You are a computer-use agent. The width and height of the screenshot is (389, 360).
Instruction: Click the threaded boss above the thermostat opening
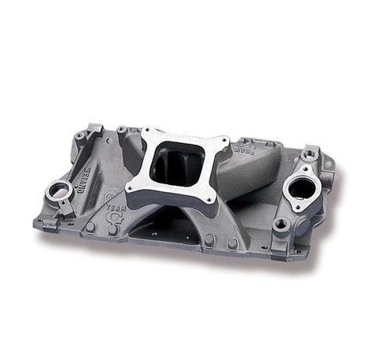click(x=310, y=155)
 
